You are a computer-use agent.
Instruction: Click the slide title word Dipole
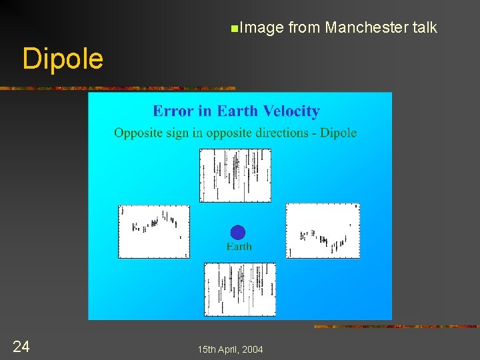pyautogui.click(x=63, y=59)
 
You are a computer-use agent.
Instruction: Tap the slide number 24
pyautogui.click(x=21, y=346)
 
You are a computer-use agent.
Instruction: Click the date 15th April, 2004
pyautogui.click(x=230, y=349)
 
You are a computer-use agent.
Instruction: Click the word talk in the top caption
pyautogui.click(x=425, y=27)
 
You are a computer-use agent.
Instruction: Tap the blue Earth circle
pyautogui.click(x=238, y=232)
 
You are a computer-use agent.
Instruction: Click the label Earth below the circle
pyautogui.click(x=239, y=247)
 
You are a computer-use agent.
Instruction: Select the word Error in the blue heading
pyautogui.click(x=172, y=111)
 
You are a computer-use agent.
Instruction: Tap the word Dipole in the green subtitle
pyautogui.click(x=339, y=133)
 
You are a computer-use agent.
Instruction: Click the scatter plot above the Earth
pyautogui.click(x=235, y=175)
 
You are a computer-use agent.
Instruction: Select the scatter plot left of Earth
pyautogui.click(x=154, y=231)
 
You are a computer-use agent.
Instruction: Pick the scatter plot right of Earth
pyautogui.click(x=323, y=230)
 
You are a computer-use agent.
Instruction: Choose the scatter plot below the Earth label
pyautogui.click(x=240, y=289)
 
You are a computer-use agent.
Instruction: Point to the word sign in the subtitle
pyautogui.click(x=177, y=133)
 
